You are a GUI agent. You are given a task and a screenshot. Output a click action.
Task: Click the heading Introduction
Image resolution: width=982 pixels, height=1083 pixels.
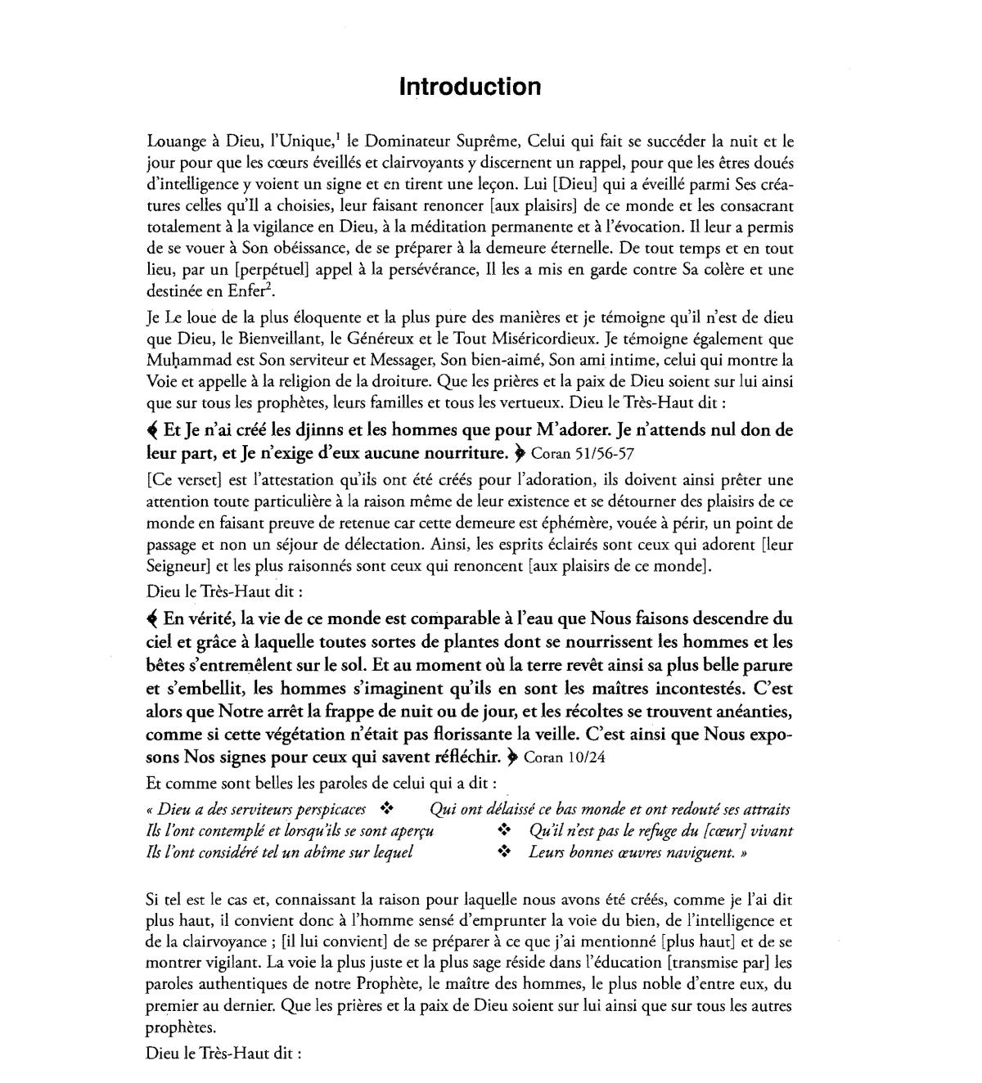tap(470, 87)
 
